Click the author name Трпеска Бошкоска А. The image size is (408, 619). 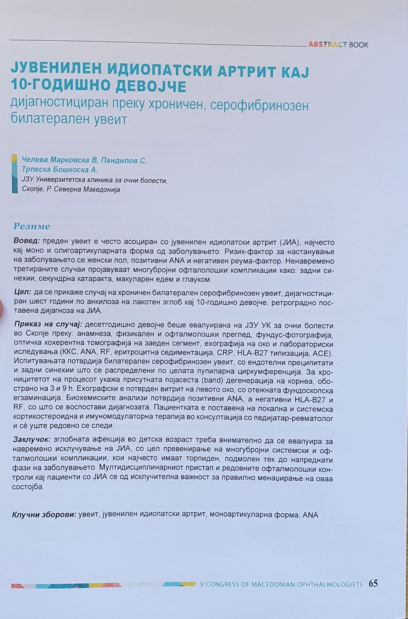coord(60,170)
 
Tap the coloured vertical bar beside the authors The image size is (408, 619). coord(15,174)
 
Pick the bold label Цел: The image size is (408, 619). coord(22,293)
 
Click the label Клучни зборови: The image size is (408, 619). coord(44,515)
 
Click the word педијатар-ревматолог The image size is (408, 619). coord(296,418)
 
